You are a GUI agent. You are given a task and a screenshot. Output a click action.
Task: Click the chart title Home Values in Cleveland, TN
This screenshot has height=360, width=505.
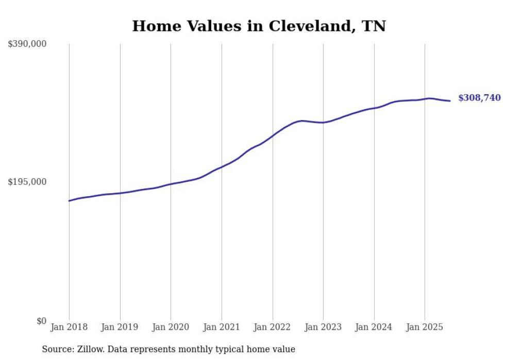[259, 26]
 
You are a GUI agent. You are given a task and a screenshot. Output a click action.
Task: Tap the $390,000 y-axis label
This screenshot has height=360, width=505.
[27, 44]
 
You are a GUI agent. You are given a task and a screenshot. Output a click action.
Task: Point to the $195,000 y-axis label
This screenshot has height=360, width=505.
[27, 182]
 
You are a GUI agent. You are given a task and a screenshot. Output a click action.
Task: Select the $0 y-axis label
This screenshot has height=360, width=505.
[41, 321]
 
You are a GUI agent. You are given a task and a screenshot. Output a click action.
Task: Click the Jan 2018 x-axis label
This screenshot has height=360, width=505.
[69, 327]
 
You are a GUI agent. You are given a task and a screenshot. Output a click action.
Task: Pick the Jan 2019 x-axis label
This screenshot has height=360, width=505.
[120, 327]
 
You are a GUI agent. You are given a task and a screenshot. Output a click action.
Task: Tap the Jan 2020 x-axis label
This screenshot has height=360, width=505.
[171, 327]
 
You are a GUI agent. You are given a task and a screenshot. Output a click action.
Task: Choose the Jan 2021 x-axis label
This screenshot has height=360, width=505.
[222, 327]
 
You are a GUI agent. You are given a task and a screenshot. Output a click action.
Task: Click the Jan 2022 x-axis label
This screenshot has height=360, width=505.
[272, 327]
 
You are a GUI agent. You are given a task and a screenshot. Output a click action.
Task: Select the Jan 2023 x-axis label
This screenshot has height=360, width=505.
[323, 327]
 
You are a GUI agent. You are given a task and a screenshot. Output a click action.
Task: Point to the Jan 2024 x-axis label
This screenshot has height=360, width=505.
[374, 327]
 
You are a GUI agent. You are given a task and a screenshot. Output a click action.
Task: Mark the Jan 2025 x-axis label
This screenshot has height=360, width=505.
[425, 327]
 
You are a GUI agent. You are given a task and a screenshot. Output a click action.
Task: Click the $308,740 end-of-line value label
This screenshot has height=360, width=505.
[479, 98]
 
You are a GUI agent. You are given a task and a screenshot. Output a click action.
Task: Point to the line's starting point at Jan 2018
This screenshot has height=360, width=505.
[69, 201]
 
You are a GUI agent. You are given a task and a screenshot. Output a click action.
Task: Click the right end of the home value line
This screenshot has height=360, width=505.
[450, 100]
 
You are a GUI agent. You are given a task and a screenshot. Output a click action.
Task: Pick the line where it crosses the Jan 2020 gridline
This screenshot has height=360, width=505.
[171, 184]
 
